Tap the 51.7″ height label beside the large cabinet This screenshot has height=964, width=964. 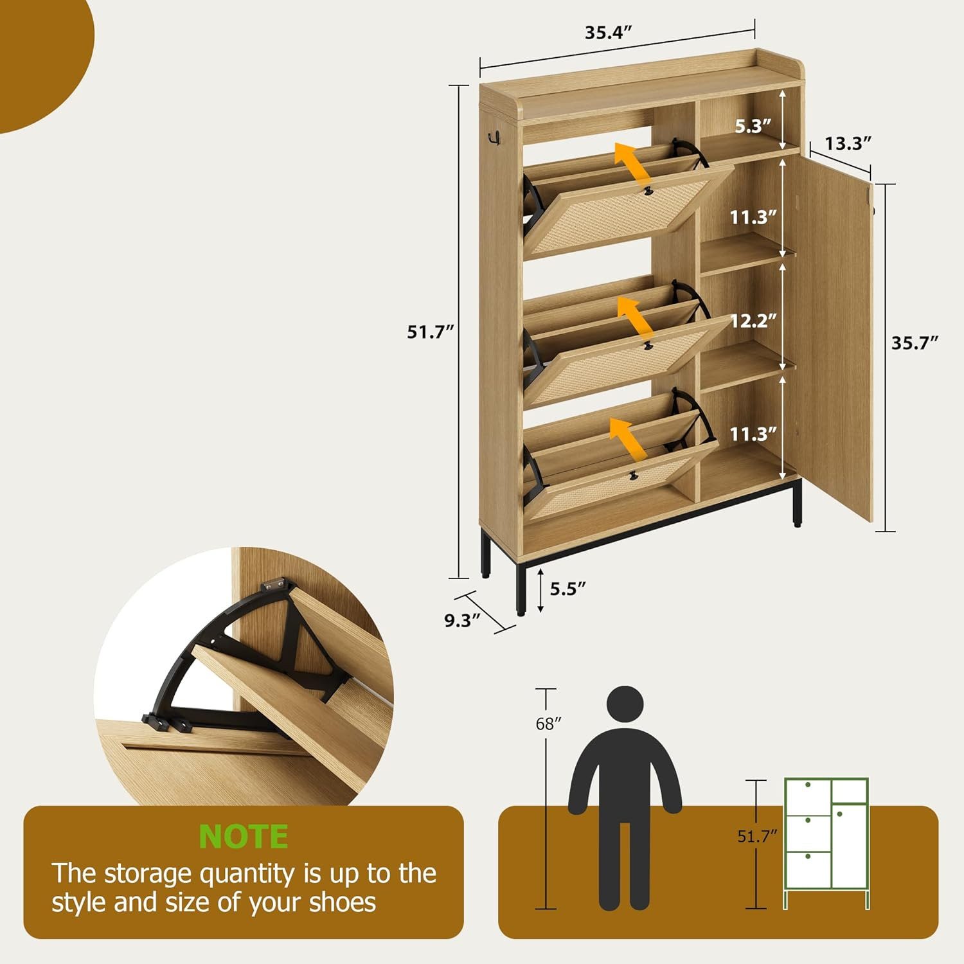(430, 332)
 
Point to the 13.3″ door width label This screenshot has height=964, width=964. (848, 143)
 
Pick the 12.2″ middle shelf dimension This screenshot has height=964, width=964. (753, 321)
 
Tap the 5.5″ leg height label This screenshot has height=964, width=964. (568, 589)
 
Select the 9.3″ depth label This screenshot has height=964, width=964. (463, 621)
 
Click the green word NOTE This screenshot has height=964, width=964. (244, 837)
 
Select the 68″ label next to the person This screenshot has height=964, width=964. (548, 724)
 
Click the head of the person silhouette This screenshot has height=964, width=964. (626, 706)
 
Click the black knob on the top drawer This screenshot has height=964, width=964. (648, 191)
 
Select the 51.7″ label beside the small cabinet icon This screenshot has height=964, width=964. (757, 836)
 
